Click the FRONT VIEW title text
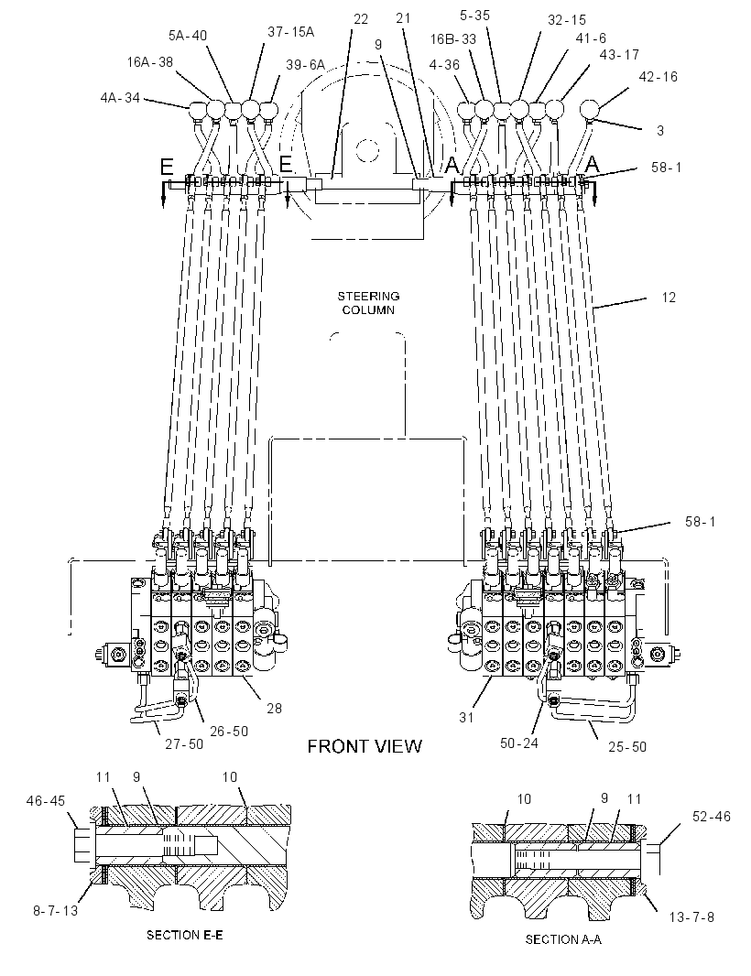coord(365,745)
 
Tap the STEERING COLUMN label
coord(369,303)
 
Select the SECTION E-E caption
coord(184,935)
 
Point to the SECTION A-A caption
coord(563,940)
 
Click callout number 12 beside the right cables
coord(669,298)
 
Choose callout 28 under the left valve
coord(274,709)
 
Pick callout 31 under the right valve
coord(466,718)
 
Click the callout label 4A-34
coord(120,97)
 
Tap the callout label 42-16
coord(658,77)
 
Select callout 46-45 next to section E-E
coord(46,800)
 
